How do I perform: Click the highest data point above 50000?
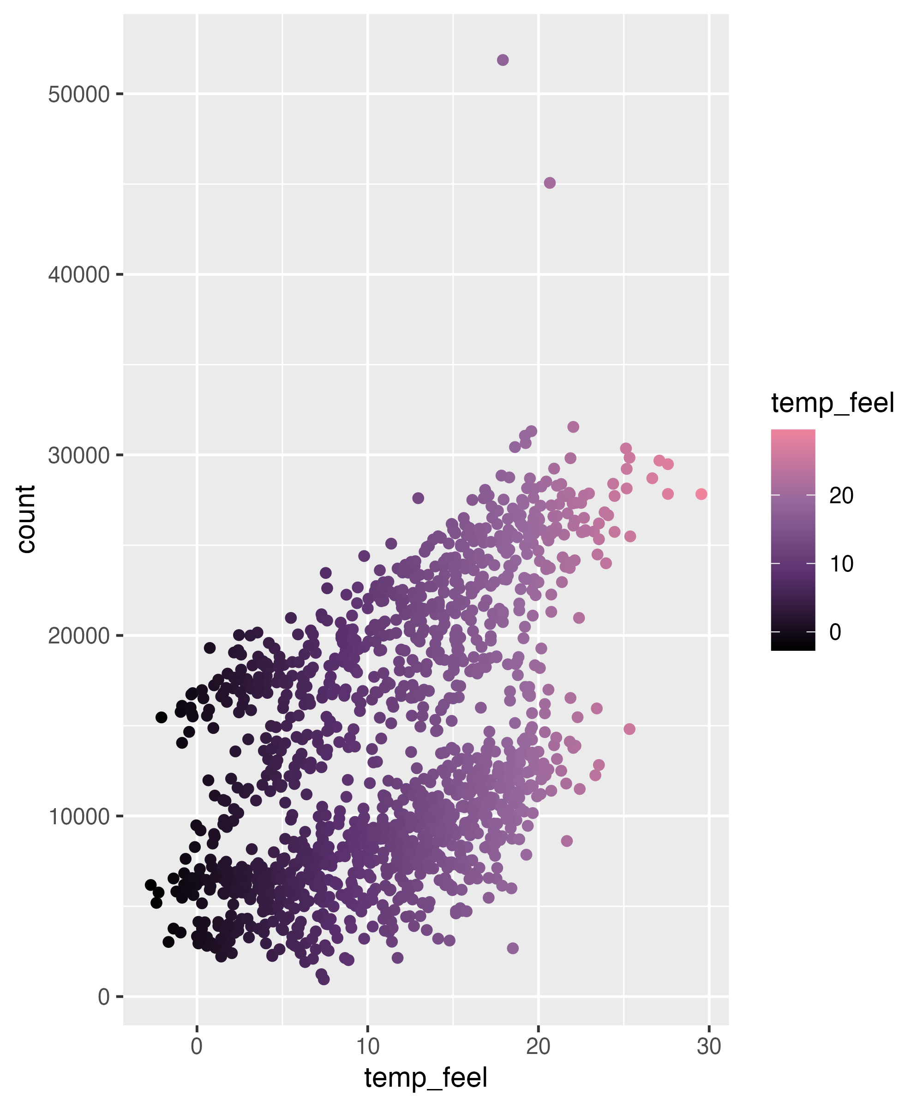(x=503, y=60)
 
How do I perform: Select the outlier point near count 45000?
(x=550, y=183)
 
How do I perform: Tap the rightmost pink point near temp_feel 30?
(x=701, y=494)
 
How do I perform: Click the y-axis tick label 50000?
(x=78, y=95)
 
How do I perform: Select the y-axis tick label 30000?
(x=78, y=455)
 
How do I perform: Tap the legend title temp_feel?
(x=832, y=403)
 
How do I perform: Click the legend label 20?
(x=841, y=495)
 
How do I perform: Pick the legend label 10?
(x=841, y=564)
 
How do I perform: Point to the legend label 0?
(x=835, y=631)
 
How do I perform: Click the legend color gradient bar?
(x=793, y=540)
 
